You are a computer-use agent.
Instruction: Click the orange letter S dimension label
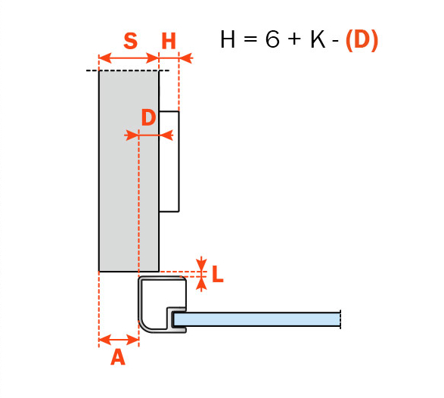point(131,41)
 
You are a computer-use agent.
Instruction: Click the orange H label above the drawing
point(169,42)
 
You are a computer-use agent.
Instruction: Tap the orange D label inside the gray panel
point(149,117)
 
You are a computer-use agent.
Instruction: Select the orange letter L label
point(218,274)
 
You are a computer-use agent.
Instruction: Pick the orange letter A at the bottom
point(118,357)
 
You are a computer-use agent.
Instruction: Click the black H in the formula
point(228,39)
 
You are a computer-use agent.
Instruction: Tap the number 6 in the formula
point(272,39)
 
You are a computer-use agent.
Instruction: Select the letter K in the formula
point(318,39)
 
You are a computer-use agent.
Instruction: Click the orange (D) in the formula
point(362,40)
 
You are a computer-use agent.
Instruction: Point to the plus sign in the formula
point(294,39)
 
